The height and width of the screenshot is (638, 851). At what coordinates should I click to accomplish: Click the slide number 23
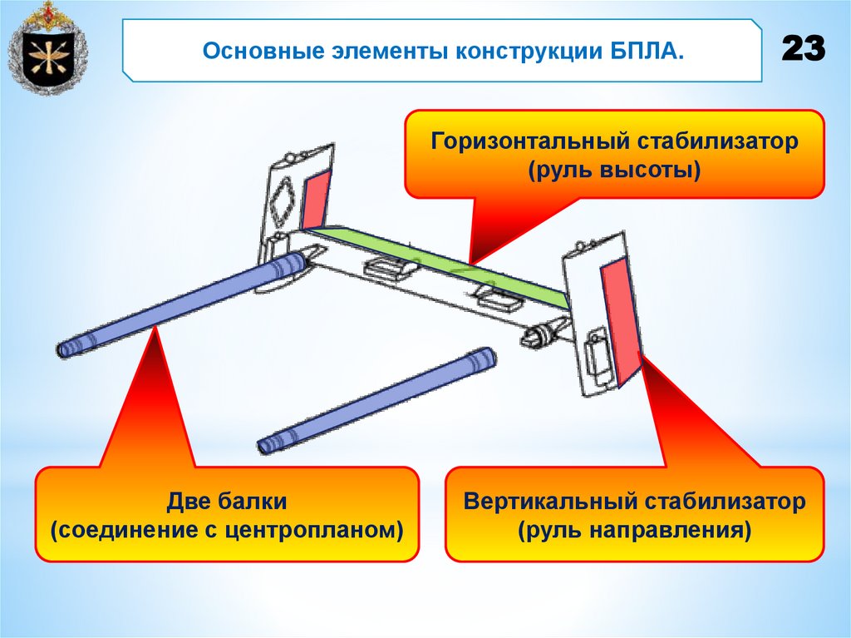tap(803, 50)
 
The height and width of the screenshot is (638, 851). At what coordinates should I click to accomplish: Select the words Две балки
tap(227, 502)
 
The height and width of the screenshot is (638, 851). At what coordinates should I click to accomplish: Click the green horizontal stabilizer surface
tap(440, 259)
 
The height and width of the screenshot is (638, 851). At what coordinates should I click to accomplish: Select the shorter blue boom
tap(378, 401)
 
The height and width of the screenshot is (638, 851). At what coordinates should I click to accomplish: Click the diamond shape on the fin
tap(281, 200)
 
